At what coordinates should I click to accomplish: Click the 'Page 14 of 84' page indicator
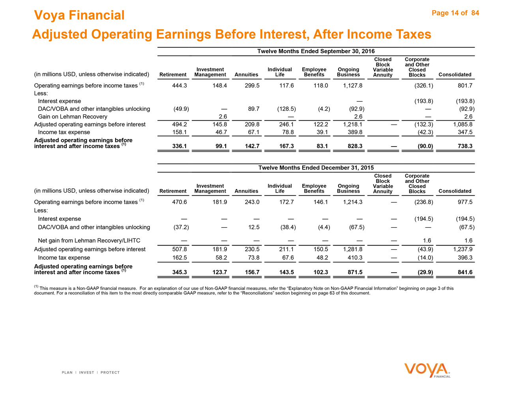(455, 13)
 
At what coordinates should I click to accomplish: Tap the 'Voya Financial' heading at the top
(79, 15)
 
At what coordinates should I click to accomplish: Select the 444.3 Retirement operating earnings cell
(180, 86)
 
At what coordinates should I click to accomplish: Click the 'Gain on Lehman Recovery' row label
(73, 117)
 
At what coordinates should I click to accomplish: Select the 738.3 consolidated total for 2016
(464, 146)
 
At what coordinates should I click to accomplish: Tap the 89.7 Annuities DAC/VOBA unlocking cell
(253, 109)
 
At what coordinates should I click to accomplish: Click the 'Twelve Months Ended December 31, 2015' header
(316, 168)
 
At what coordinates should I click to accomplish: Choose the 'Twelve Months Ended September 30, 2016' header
(316, 51)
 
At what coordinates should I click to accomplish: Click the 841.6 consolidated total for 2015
(464, 272)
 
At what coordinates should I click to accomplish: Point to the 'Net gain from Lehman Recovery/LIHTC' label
(89, 240)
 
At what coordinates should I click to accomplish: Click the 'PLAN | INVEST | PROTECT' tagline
(91, 372)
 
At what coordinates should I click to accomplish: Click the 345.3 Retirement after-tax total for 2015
(180, 272)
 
